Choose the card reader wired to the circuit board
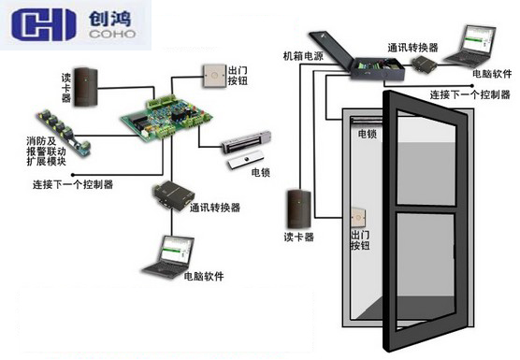coord(86,84)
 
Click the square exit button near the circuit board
coord(209,75)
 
